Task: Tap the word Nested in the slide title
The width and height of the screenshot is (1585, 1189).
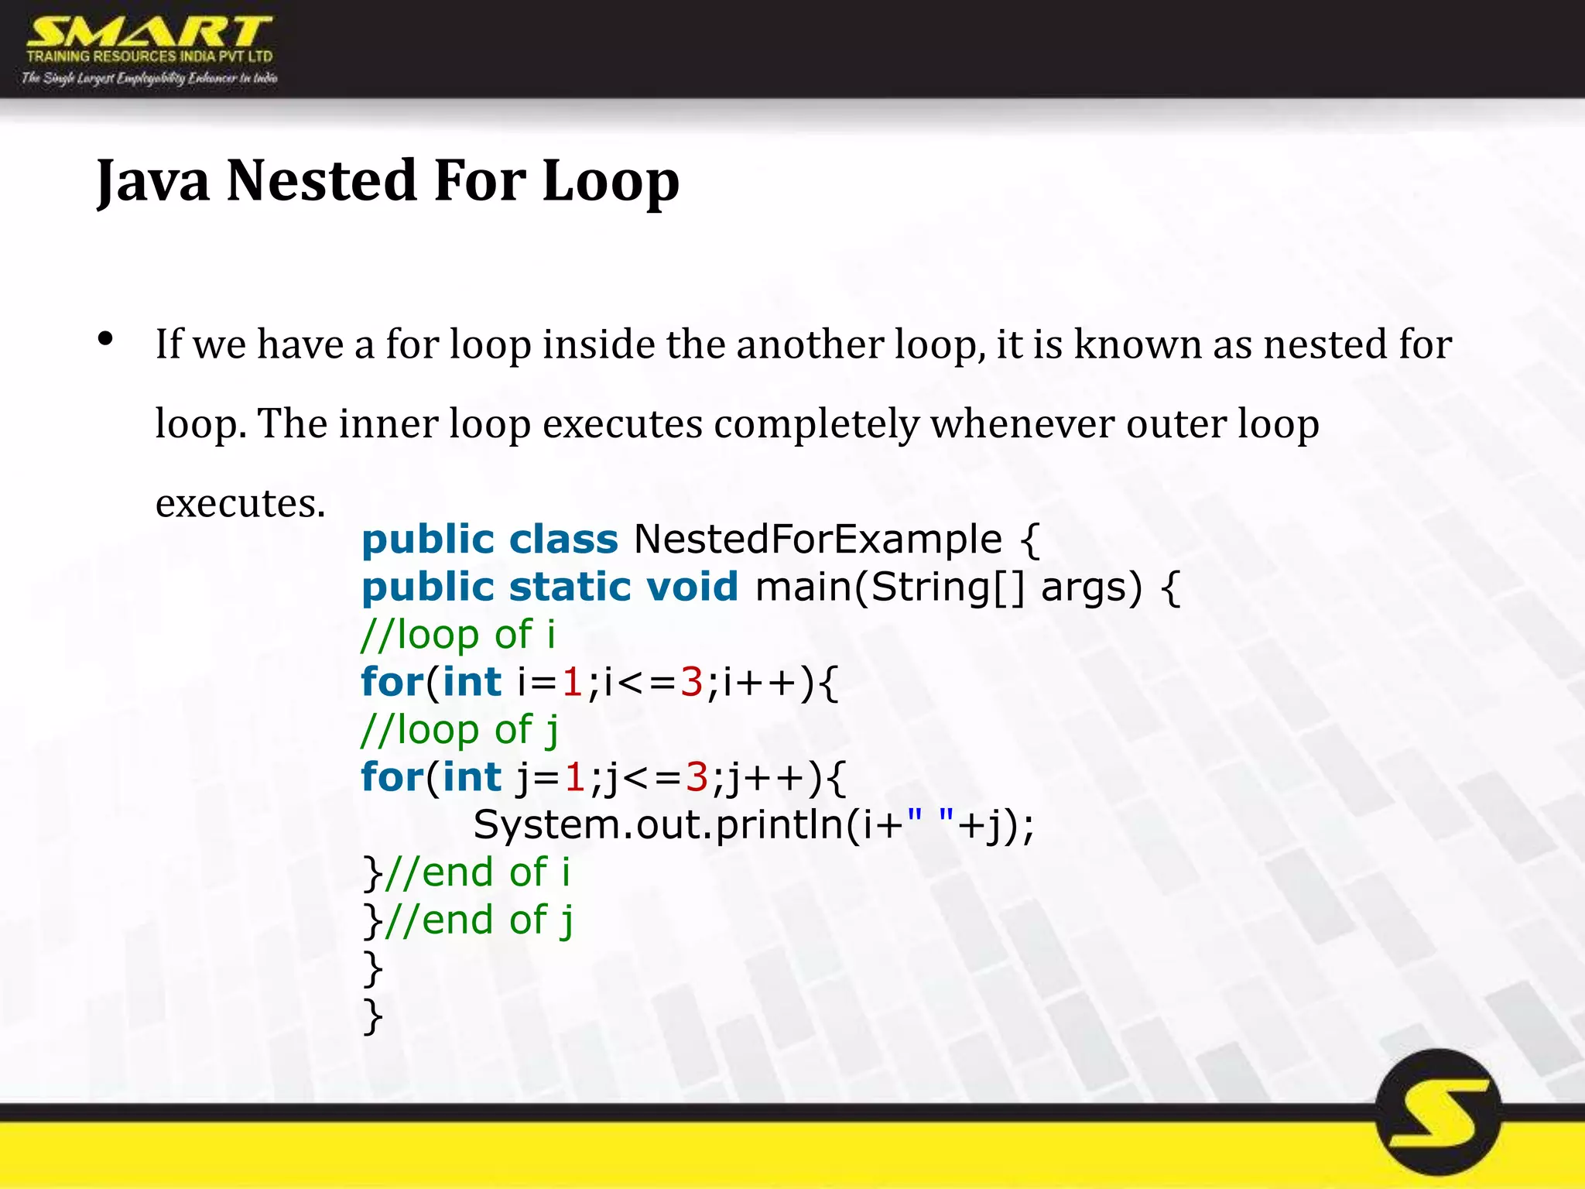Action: tap(321, 180)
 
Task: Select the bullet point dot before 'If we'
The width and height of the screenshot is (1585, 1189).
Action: tap(106, 339)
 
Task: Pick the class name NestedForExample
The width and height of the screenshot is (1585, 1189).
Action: tap(817, 539)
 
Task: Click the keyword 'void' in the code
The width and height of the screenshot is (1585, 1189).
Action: tap(692, 587)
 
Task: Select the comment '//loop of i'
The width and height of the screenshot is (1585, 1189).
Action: tap(458, 635)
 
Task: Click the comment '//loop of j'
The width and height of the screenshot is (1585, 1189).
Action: tap(460, 730)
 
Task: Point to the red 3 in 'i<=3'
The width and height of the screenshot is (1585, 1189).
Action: tap(691, 683)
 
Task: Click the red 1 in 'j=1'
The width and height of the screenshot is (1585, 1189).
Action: tap(573, 777)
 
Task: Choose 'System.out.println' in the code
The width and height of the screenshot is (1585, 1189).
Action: tap(657, 825)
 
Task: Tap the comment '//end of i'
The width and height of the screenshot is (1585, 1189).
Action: tap(477, 872)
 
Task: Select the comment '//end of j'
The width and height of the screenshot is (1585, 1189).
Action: tap(479, 920)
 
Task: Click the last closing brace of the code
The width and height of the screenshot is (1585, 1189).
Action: tap(373, 1016)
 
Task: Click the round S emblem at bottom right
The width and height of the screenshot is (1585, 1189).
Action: tap(1438, 1113)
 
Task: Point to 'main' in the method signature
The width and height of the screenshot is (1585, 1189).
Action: tap(802, 587)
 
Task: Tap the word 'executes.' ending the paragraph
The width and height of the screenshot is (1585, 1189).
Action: tap(240, 504)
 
